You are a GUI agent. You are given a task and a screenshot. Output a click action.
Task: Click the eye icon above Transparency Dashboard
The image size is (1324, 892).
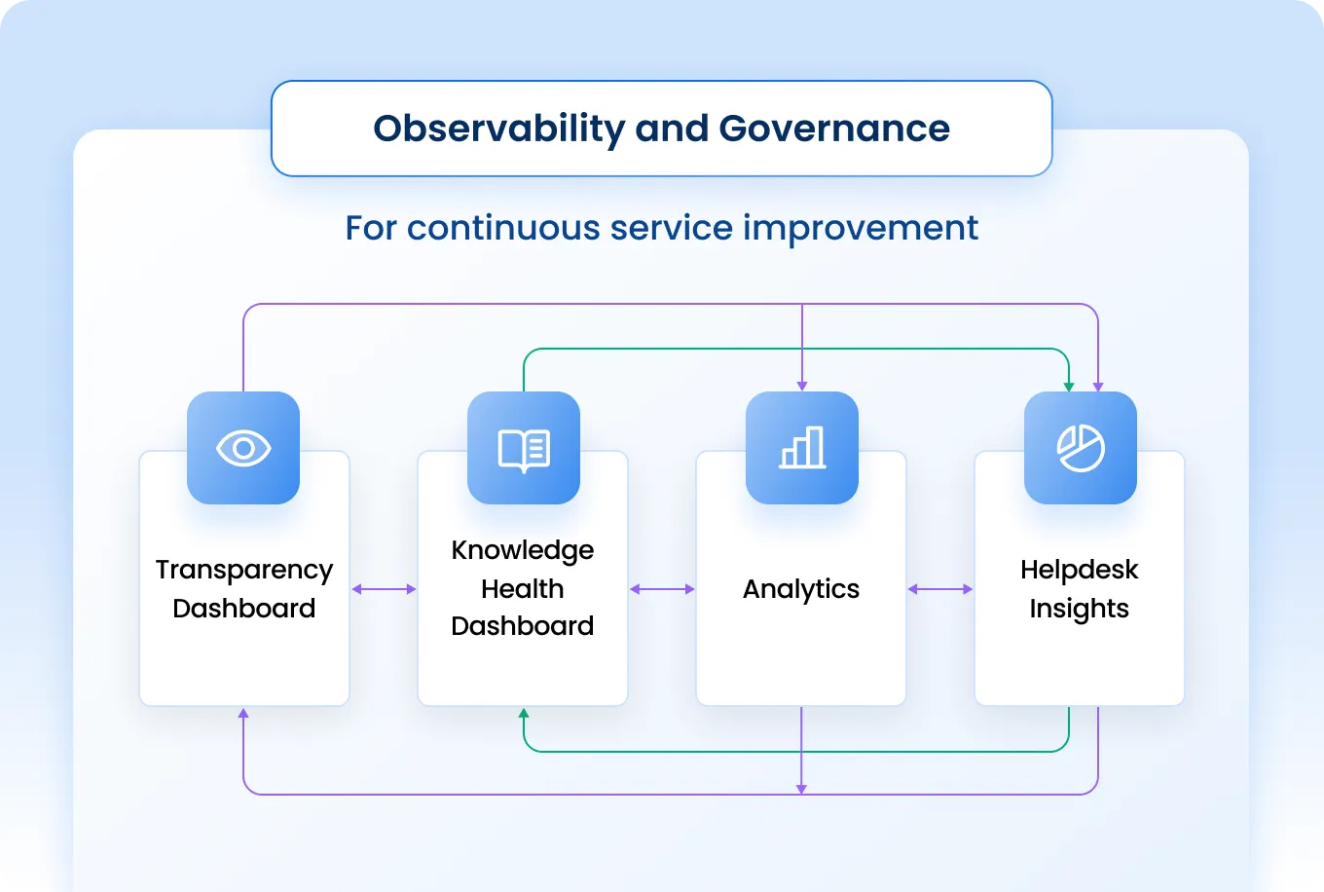point(243,448)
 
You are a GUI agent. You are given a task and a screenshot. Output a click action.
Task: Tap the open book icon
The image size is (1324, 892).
point(524,449)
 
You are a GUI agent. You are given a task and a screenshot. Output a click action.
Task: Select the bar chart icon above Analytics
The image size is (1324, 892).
point(802,448)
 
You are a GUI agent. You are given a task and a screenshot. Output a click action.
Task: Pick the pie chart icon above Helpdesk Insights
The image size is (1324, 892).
point(1081,449)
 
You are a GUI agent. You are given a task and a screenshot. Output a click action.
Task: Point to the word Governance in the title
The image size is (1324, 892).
point(834,129)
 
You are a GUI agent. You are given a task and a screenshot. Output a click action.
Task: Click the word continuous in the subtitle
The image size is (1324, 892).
point(503,228)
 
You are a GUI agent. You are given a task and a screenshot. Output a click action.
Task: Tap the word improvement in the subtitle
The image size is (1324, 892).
point(861,228)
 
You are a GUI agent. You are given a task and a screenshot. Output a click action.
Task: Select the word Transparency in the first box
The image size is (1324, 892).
point(244,570)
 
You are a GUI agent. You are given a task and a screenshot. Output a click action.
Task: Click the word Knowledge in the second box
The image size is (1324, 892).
point(523,550)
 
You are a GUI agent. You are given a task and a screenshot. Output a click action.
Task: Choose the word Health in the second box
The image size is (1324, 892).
point(523,589)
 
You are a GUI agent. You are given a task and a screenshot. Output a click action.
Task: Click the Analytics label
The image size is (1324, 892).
point(801,589)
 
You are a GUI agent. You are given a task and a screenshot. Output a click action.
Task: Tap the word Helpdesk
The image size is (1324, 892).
point(1080,570)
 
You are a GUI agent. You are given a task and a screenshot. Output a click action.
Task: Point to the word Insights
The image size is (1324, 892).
point(1080,609)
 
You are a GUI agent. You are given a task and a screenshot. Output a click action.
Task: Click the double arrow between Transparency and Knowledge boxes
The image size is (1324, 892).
point(384,589)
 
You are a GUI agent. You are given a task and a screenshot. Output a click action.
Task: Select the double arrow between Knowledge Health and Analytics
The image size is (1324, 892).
point(662,589)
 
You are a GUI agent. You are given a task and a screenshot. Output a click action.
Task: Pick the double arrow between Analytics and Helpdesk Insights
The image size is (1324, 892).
point(940,589)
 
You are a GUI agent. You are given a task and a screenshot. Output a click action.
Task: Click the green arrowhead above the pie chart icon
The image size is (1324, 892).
point(1069,387)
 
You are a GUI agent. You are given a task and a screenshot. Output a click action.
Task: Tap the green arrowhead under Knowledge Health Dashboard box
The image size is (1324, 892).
point(524,714)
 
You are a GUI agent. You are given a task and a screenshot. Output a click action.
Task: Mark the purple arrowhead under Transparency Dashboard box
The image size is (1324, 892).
point(243,714)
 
